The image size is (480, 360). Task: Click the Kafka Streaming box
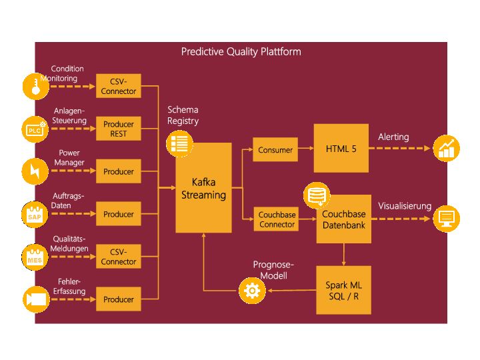point(203,187)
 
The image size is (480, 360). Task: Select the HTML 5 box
point(341,148)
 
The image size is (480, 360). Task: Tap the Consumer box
point(275,149)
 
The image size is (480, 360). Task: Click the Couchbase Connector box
point(277,219)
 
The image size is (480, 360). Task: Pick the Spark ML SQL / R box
point(343,290)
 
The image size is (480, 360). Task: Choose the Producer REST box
point(119,129)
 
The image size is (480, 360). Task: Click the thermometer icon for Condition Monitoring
point(36,86)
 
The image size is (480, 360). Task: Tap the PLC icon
point(35,129)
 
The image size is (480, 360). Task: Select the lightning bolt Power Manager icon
point(35,171)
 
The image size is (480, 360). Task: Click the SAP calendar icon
point(35,215)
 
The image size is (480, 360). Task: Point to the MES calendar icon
point(35,257)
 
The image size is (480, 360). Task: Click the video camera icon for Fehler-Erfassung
point(36,299)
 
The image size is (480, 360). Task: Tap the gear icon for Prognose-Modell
point(252,291)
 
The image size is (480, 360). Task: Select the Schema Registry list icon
point(179,143)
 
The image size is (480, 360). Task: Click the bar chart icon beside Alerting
point(446,148)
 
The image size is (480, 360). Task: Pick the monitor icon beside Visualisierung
point(446,219)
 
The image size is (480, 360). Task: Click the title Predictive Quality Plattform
point(241,51)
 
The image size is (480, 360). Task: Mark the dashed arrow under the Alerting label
point(399,148)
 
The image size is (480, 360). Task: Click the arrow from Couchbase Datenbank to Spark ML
point(343,255)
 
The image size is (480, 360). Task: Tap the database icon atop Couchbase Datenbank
point(317,195)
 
